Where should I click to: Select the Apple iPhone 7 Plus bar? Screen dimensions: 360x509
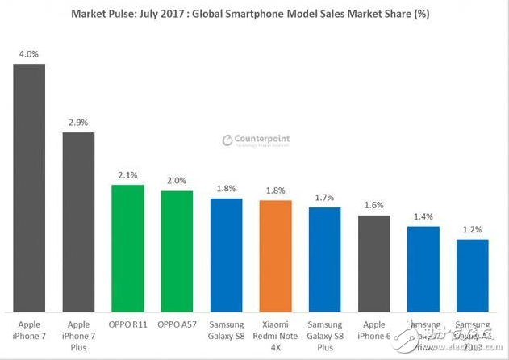point(78,222)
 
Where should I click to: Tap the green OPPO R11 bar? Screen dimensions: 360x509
point(127,248)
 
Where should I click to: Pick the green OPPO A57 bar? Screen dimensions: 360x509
point(177,251)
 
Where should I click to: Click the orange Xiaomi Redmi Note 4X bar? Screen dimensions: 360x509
point(275,256)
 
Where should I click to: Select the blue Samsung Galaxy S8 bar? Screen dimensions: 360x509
point(226,255)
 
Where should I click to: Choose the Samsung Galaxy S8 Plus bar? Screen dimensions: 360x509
point(324,259)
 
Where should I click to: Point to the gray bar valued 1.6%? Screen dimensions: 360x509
point(373,263)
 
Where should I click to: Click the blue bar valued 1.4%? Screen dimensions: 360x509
point(423,269)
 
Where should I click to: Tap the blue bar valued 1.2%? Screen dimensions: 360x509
point(472,275)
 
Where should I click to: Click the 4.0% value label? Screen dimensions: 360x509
point(29,55)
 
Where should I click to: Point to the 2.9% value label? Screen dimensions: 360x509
point(78,123)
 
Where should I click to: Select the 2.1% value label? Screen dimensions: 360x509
point(127,175)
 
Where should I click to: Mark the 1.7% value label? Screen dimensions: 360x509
point(324,197)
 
